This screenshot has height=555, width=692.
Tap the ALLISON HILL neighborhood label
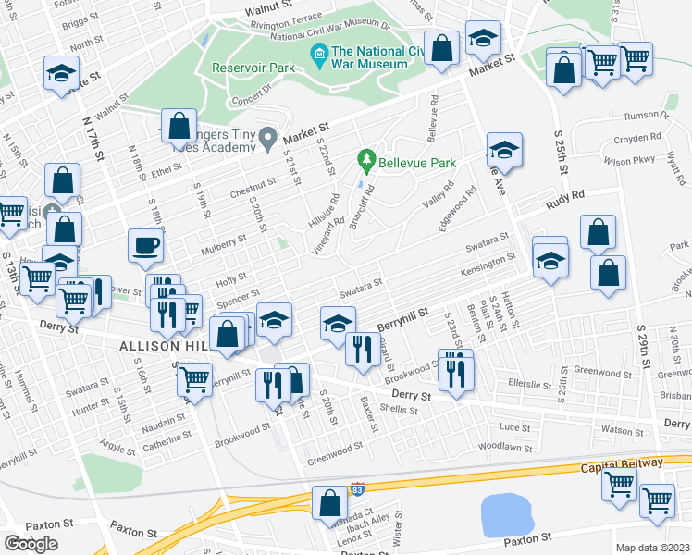(156, 346)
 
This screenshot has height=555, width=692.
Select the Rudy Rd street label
(565, 195)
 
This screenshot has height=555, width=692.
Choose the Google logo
(31, 544)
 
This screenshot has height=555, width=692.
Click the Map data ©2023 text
(652, 548)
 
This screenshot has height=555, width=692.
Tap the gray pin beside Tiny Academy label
(268, 139)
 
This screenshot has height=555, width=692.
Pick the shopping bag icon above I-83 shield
(329, 504)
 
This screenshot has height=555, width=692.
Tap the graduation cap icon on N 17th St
(62, 73)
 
